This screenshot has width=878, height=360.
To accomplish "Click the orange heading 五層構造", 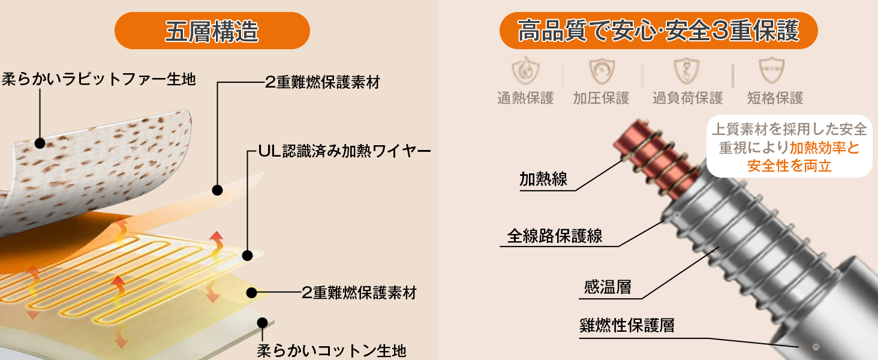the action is tap(212, 31).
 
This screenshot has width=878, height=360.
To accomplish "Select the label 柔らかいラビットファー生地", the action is tap(99, 79).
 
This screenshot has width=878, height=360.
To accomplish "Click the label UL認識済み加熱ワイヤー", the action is tap(344, 151).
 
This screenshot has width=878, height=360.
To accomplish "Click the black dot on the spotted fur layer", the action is tap(40, 143).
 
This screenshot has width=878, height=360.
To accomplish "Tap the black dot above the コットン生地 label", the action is tap(262, 323).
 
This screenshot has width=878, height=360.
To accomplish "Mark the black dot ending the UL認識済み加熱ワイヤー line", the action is tap(246, 256).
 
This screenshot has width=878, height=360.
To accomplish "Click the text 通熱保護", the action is tap(525, 98).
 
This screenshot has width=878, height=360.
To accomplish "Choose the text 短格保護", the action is tap(774, 98).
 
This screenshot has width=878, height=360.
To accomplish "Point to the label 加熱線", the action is tap(543, 179).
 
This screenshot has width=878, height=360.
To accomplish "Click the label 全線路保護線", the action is tap(555, 236).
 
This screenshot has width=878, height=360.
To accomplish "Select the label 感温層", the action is tap(608, 287).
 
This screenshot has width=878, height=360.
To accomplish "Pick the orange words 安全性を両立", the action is tap(789, 166).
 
